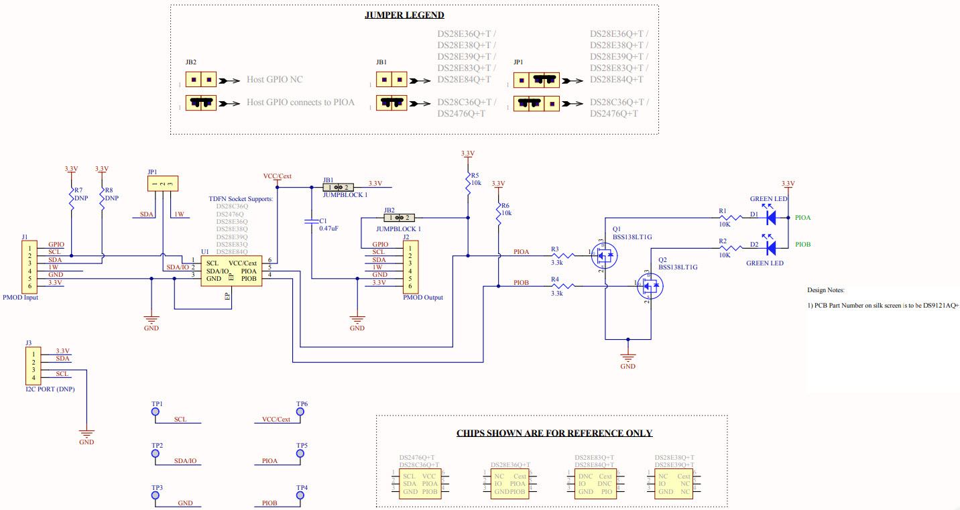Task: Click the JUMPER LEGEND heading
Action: (x=404, y=15)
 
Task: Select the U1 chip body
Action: (x=231, y=271)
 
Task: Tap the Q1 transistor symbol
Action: (x=603, y=256)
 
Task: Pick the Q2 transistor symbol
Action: (x=648, y=286)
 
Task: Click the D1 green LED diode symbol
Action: (x=771, y=218)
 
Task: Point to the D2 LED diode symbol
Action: (x=771, y=248)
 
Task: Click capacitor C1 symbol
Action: (x=311, y=220)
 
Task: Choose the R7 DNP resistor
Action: (x=71, y=199)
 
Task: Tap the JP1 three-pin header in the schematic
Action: (x=163, y=184)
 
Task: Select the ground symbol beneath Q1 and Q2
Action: (x=627, y=357)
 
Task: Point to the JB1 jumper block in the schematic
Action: (x=339, y=188)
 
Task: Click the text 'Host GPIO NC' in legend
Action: (x=275, y=80)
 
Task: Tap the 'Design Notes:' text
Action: (x=826, y=290)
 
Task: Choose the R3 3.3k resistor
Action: (x=562, y=255)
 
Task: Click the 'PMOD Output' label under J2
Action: (x=422, y=298)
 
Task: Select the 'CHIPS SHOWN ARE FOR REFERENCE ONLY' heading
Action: (x=554, y=433)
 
